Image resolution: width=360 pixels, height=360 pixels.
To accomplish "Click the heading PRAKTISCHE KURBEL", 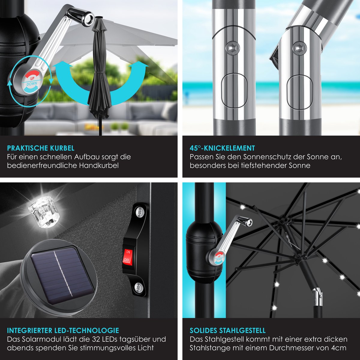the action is click(41, 148).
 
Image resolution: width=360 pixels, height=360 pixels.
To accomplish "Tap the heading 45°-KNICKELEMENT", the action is click(222, 148).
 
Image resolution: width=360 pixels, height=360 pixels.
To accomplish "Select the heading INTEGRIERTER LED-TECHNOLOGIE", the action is click(63, 331).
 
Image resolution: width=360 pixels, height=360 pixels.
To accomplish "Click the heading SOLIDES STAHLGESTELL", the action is click(227, 331).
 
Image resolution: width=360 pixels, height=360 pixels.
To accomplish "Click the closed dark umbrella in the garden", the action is click(99, 73).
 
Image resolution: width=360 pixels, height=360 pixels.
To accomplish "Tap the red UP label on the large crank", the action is click(32, 76).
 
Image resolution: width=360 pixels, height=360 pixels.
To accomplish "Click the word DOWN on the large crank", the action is click(32, 84).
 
